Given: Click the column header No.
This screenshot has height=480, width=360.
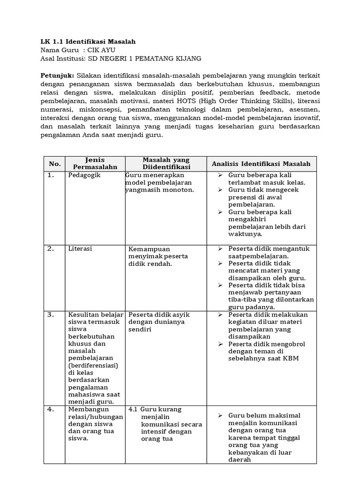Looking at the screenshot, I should tap(54, 164).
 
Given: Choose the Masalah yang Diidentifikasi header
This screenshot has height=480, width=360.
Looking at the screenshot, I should tap(166, 164).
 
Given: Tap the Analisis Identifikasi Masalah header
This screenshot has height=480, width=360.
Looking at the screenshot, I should tap(261, 164).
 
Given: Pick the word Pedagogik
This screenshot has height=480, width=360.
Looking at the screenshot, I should tap(84, 175).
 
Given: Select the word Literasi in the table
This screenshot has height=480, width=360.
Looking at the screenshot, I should tap(80, 249).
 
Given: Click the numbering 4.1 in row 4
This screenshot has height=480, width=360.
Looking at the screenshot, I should tap(133, 409).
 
